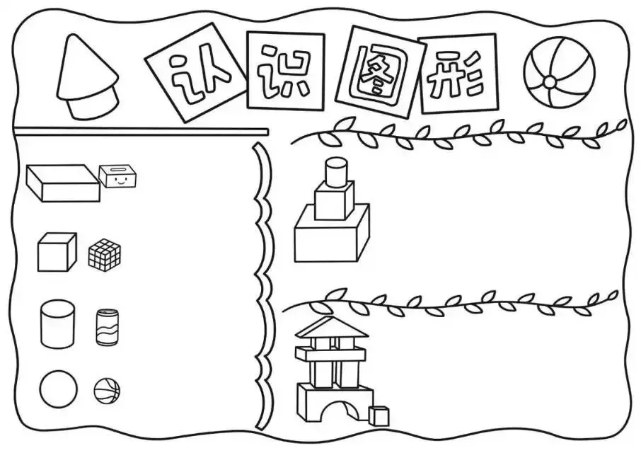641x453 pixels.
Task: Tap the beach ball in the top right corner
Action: point(559,72)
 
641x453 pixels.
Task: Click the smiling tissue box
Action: point(117,176)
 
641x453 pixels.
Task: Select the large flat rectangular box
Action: point(63,183)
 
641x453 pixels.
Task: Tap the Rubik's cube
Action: point(105,254)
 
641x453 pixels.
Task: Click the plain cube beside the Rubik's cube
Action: point(57,253)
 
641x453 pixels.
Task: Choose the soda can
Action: point(107,327)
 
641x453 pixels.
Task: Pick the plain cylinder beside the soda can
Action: point(57,324)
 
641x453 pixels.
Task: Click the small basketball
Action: point(107,390)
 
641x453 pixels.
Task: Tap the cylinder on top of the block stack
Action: point(335,171)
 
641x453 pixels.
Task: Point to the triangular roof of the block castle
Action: point(332,328)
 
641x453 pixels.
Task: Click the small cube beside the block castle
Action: point(380,416)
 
